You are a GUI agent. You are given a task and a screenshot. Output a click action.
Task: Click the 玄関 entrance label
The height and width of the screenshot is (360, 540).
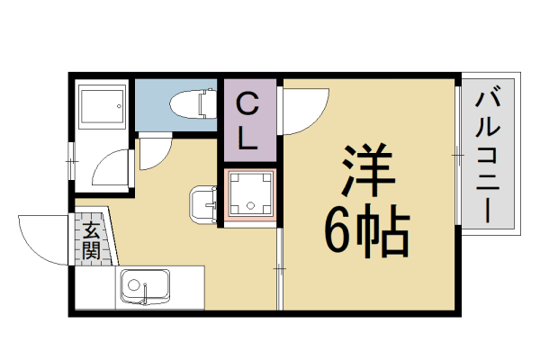(x=90, y=239)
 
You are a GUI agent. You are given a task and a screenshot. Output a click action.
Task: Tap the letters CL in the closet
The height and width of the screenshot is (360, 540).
(x=252, y=120)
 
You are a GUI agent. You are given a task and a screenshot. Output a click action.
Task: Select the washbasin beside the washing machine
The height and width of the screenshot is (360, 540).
(x=204, y=204)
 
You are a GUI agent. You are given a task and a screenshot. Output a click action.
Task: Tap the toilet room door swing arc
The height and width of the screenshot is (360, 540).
(x=153, y=153)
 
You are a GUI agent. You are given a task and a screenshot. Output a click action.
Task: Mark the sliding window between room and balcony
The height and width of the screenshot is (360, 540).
(x=458, y=157)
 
